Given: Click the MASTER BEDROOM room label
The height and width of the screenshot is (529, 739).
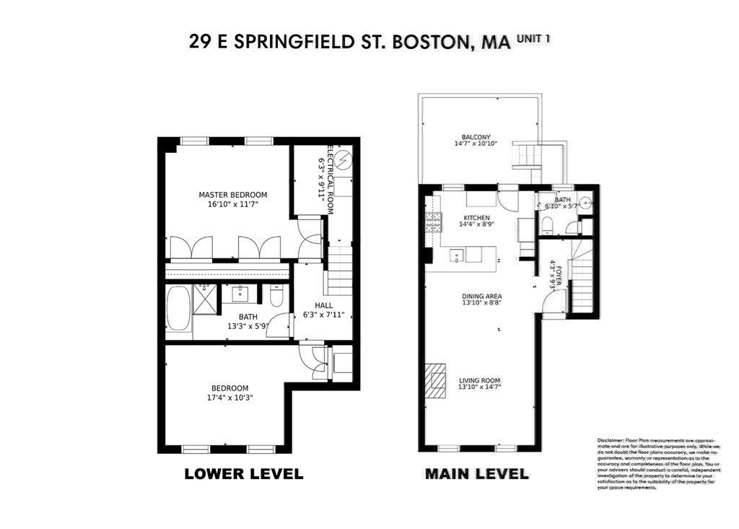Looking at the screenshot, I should point(233,195).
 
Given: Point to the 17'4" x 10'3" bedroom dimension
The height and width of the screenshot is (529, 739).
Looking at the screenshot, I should point(229,397).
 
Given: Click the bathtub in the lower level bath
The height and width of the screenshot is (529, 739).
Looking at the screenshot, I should point(178,309).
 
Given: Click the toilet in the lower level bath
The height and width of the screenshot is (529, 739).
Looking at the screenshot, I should point(276,295).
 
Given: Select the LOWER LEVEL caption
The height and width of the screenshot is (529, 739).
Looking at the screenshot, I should point(243,475).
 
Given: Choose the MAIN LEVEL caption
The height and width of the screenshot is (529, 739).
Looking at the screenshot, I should point(476,475).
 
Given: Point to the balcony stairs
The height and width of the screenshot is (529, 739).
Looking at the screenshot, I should point(525,154).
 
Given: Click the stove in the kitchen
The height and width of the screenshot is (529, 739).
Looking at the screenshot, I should point(433,223).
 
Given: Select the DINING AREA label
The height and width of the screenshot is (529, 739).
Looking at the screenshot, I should point(482,296).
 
